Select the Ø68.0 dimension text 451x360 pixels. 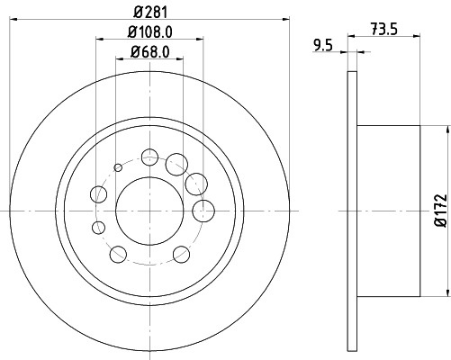pos(150,53)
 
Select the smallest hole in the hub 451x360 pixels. pos(118,167)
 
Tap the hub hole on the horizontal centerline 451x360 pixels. pos(204,211)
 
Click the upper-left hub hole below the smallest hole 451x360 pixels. pos(98,193)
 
